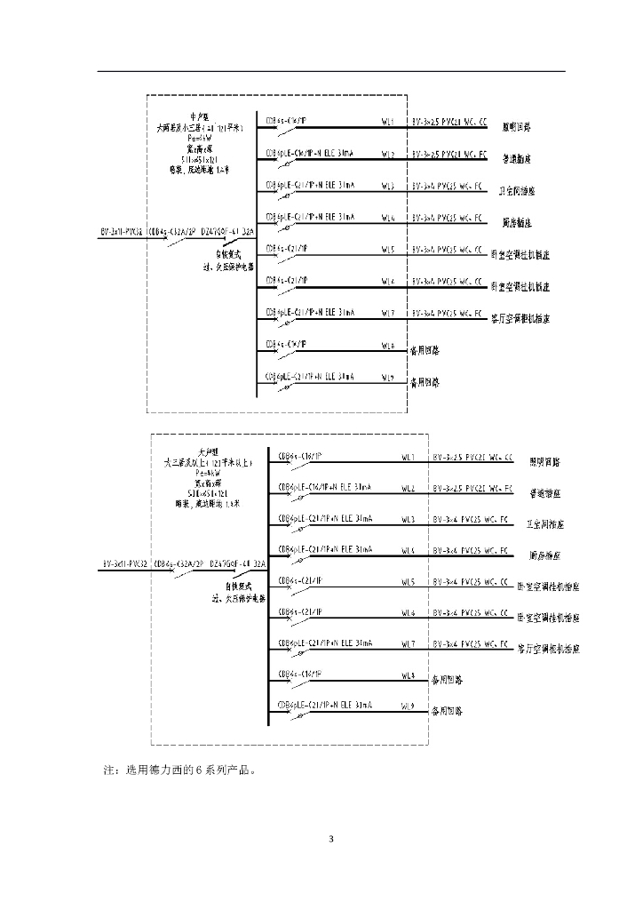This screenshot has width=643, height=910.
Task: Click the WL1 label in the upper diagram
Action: pyautogui.click(x=387, y=121)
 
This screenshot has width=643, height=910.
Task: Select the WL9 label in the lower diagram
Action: pyautogui.click(x=408, y=707)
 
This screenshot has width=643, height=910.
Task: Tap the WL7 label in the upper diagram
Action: pyautogui.click(x=387, y=313)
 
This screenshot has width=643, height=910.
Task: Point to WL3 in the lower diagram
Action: pyautogui.click(x=408, y=518)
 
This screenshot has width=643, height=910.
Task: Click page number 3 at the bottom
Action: pyautogui.click(x=330, y=839)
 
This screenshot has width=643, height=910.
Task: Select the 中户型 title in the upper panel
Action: pyautogui.click(x=198, y=116)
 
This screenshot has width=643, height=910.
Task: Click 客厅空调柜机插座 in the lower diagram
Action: pyautogui.click(x=548, y=649)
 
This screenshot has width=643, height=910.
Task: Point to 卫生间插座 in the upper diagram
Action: pyautogui.click(x=517, y=191)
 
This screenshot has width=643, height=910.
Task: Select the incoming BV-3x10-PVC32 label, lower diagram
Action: pyautogui.click(x=124, y=563)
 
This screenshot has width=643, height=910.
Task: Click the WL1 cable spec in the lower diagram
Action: pyautogui.click(x=472, y=457)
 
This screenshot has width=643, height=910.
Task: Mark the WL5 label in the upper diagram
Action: pyautogui.click(x=387, y=249)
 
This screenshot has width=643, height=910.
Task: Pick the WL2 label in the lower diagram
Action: pyautogui.click(x=408, y=488)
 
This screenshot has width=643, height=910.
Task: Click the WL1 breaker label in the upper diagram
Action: pyautogui.click(x=286, y=120)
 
